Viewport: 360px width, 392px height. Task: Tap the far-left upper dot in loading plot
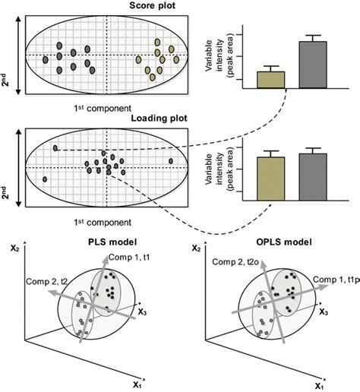click(55, 147)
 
